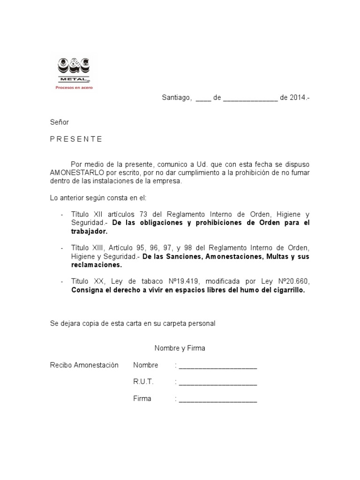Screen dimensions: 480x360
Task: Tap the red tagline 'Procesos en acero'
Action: (74, 87)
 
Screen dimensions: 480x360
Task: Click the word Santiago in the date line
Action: (176, 98)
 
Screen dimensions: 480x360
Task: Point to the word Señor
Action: (60, 122)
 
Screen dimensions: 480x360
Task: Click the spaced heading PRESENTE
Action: (76, 139)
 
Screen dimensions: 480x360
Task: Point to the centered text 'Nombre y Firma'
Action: (180, 348)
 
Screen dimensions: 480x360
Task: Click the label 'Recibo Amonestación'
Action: (84, 365)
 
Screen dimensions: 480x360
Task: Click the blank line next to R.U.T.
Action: (218, 382)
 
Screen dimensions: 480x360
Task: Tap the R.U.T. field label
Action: (143, 382)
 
